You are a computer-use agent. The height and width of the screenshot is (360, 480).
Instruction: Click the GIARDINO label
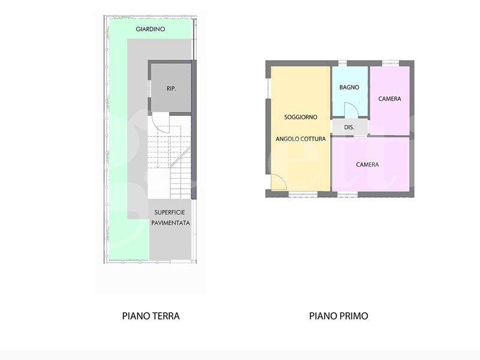[x=151, y=29]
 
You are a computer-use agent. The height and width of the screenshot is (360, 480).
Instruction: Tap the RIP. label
[x=171, y=88]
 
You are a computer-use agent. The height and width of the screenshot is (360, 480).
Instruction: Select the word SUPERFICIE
[x=170, y=212]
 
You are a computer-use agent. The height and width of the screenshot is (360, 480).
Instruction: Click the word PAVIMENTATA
[x=170, y=223]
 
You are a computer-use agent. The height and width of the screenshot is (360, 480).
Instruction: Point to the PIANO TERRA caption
[x=151, y=316]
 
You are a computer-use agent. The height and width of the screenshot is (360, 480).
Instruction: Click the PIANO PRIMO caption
[x=338, y=316]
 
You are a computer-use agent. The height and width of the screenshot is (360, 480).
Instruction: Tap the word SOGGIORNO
[x=301, y=117]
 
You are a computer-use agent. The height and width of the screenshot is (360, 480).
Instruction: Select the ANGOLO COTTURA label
[x=301, y=139]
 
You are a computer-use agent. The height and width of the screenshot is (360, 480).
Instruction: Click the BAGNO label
[x=349, y=87]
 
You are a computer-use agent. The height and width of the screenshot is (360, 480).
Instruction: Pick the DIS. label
[x=349, y=127]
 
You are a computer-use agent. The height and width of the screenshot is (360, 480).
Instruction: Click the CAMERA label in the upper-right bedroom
[x=389, y=98]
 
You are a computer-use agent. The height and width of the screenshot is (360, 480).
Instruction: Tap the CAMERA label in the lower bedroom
[x=367, y=164]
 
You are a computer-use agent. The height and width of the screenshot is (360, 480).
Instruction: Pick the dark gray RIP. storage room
[x=171, y=88]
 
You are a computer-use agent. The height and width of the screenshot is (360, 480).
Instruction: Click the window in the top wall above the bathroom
[x=342, y=64]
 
